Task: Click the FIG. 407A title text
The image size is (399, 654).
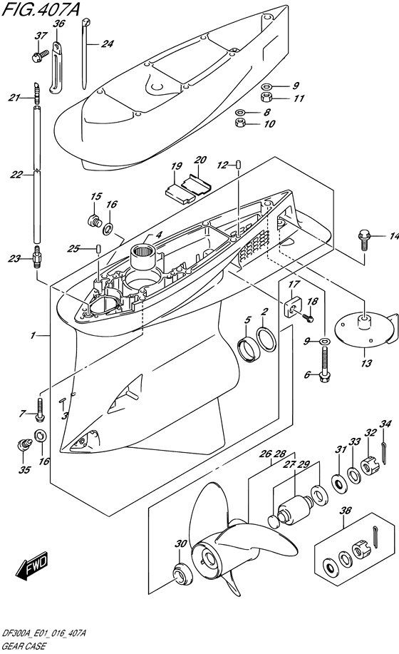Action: [x=41, y=9]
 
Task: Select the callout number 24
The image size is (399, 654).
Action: [x=108, y=44]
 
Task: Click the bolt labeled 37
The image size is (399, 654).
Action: [x=40, y=55]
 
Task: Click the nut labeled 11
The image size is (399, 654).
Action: [x=266, y=98]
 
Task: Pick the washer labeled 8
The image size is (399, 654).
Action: [x=240, y=112]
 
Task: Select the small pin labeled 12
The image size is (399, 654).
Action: [x=239, y=163]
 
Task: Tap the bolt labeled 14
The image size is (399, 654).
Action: [x=363, y=239]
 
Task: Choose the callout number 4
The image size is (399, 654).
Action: [x=160, y=235]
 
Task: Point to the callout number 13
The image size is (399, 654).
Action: [x=366, y=363]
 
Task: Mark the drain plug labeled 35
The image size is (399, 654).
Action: [x=25, y=444]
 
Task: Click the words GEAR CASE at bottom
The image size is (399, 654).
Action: [x=24, y=646]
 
